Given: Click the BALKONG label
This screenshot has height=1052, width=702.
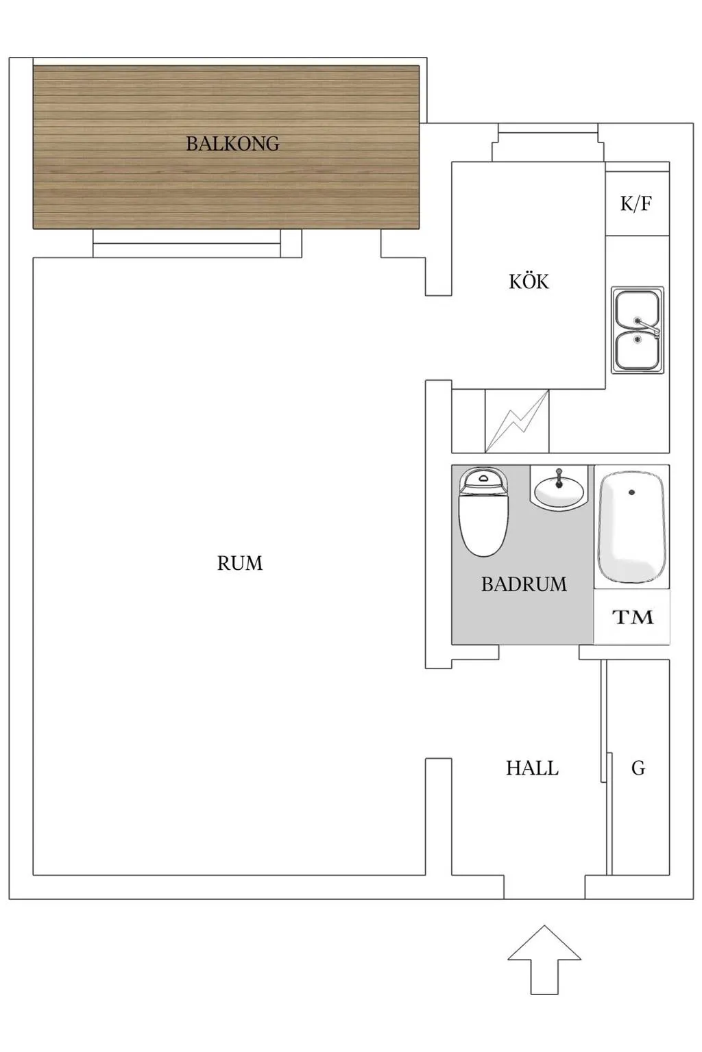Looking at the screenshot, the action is click(x=233, y=143).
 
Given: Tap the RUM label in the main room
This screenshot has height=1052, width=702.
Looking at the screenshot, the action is click(x=240, y=563).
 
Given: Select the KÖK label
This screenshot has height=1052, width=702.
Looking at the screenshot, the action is click(x=529, y=281).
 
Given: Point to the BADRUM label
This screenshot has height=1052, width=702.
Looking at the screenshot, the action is click(x=524, y=584).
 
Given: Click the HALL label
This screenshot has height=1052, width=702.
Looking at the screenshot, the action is click(x=532, y=768).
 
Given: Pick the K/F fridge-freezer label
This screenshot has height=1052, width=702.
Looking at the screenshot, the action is click(x=636, y=204).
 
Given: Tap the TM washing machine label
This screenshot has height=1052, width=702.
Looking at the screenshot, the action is click(x=633, y=617).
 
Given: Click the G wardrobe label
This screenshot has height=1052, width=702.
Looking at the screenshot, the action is click(x=638, y=768).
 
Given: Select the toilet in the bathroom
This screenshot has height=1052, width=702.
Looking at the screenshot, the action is click(x=484, y=512).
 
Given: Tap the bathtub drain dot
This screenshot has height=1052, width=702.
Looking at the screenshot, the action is click(x=632, y=492).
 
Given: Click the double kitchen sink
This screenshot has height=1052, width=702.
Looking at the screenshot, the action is click(x=638, y=330).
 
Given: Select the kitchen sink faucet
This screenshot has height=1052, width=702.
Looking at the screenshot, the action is click(x=647, y=325).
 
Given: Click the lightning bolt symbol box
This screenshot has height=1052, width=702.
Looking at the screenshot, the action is click(x=517, y=421).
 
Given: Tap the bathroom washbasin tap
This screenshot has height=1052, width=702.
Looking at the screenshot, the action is click(x=559, y=477).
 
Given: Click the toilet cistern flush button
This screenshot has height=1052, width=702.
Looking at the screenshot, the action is click(x=483, y=479).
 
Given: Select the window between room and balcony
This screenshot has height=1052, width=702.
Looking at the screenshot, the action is click(x=186, y=243).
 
